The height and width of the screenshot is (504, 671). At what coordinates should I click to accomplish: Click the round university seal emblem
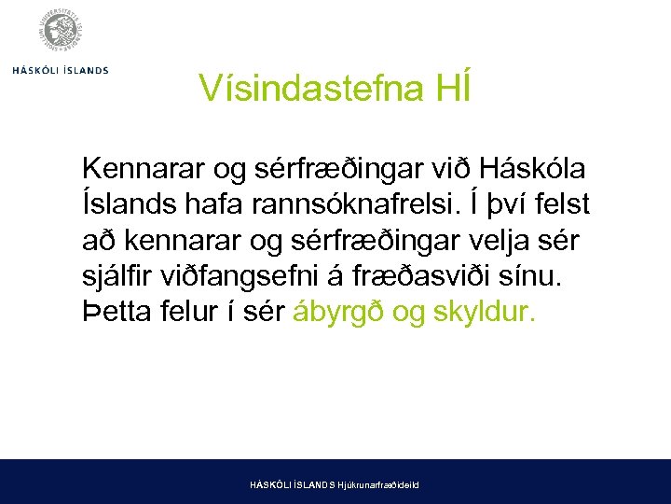(x=62, y=32)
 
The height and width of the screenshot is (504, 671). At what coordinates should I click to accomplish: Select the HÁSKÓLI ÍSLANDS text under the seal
(x=61, y=70)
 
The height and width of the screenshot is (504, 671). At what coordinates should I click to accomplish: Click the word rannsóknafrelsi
(x=360, y=204)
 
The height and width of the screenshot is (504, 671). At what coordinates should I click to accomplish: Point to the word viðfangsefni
(x=258, y=275)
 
